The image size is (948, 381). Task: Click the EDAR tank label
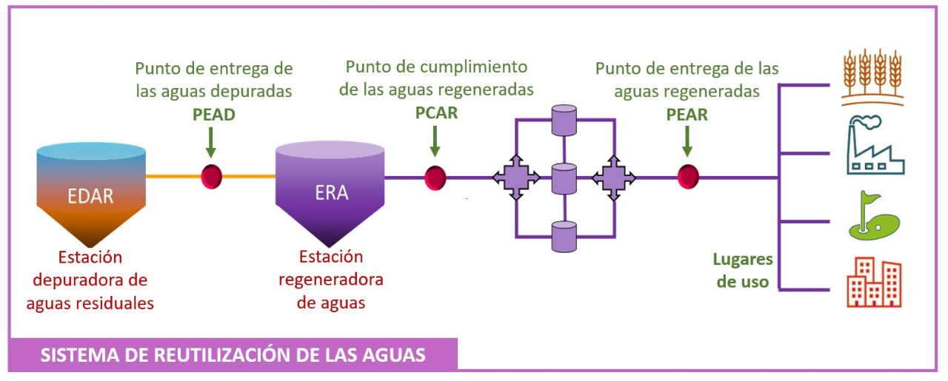click(x=90, y=197)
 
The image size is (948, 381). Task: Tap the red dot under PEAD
click(x=212, y=176)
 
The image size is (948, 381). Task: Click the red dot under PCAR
click(x=435, y=178)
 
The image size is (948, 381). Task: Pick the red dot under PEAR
click(x=688, y=177)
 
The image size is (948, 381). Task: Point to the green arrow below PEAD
click(x=211, y=143)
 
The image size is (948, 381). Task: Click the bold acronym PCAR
click(x=436, y=114)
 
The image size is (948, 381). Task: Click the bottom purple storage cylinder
click(x=564, y=237)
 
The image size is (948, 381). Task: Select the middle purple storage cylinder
click(x=564, y=178)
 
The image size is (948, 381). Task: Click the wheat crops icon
click(x=872, y=77)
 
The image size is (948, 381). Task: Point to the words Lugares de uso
click(x=742, y=271)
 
